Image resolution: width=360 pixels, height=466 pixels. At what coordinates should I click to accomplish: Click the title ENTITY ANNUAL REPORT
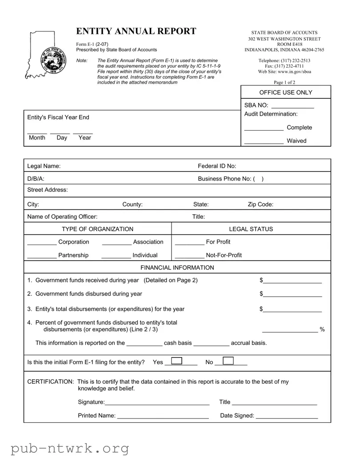[x=136, y=31]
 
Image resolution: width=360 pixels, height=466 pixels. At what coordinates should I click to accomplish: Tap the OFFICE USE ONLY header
[x=286, y=92]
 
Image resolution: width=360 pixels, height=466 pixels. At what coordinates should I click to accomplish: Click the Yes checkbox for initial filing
[x=176, y=361]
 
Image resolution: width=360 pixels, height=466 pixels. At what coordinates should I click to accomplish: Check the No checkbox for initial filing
[x=228, y=361]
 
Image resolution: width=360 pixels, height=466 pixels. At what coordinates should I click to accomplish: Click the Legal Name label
[x=44, y=166]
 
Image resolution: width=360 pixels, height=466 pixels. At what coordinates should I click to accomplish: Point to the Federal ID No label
[x=217, y=166]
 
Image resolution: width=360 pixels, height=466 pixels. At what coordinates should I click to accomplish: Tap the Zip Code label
[x=260, y=205]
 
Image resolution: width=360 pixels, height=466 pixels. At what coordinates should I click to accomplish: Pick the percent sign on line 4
[x=322, y=329]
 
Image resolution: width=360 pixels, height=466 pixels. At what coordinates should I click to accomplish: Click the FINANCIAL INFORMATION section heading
[x=177, y=268]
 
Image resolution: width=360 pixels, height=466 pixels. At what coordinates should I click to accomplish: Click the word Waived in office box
[x=296, y=141]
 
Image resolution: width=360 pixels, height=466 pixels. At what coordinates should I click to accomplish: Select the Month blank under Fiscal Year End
[x=37, y=132]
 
